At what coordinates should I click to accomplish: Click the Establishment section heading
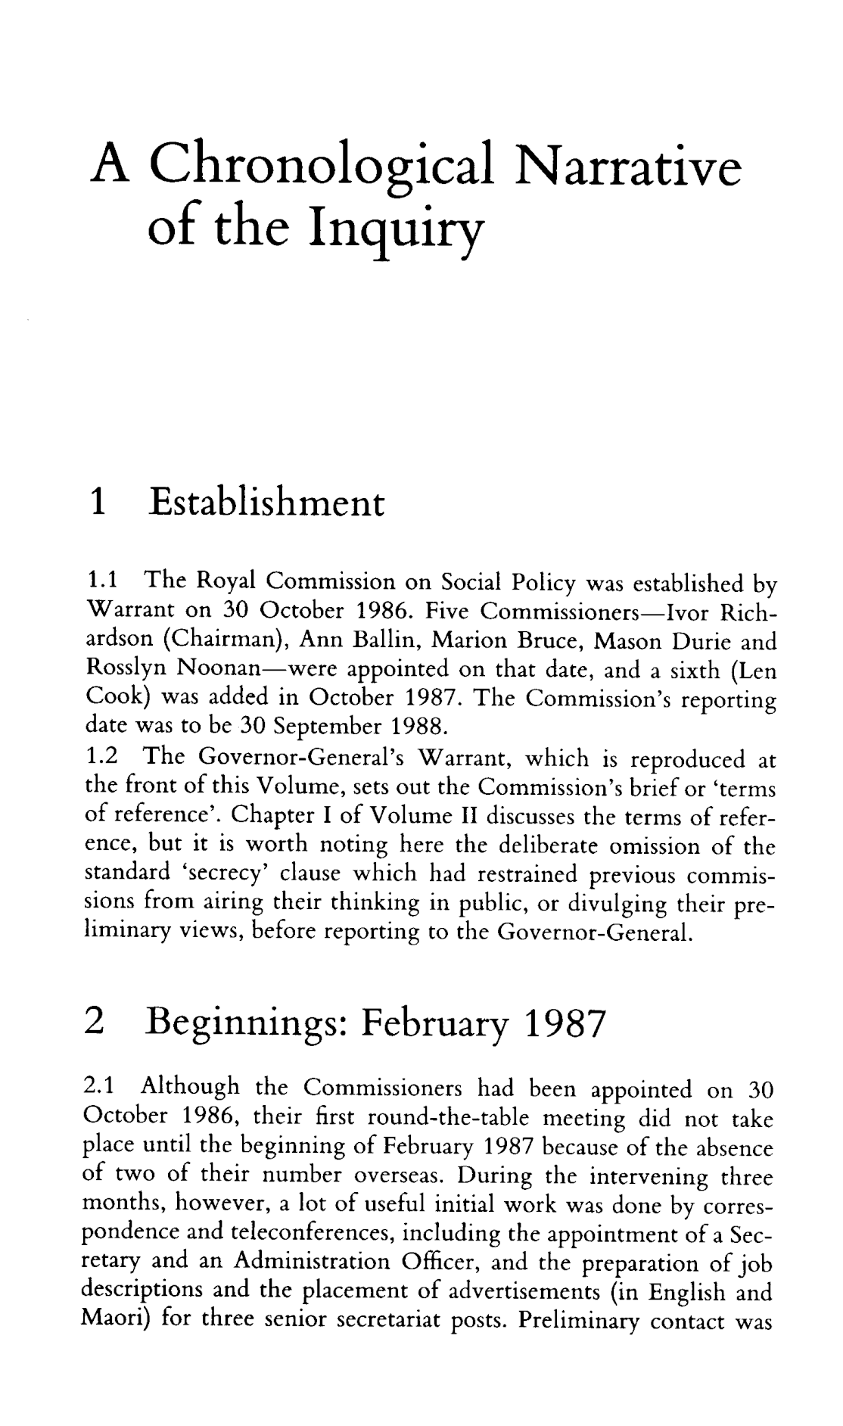pyautogui.click(x=267, y=502)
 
